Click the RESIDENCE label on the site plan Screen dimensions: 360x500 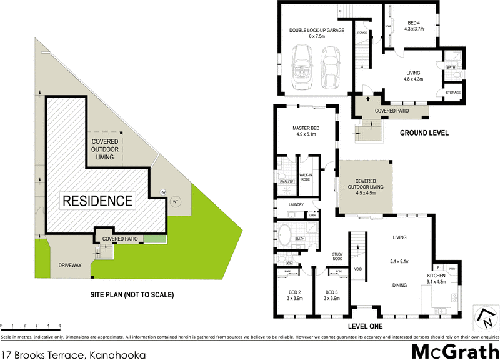click(x=97, y=201)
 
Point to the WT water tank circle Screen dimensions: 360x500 click(x=175, y=202)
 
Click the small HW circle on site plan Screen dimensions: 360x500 click(x=163, y=192)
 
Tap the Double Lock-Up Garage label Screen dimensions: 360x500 click(x=316, y=33)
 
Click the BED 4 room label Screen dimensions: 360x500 click(x=414, y=24)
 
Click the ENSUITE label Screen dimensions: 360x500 click(x=286, y=182)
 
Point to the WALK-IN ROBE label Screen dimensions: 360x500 click(x=306, y=177)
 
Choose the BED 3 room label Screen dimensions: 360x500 click(x=332, y=296)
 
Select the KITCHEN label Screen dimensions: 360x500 click(x=436, y=276)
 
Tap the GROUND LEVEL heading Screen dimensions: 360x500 click(x=424, y=133)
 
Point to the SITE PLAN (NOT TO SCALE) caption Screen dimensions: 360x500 click(x=132, y=295)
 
